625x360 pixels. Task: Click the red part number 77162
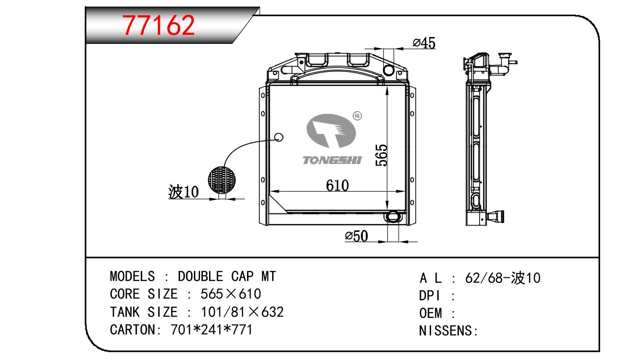[158, 25]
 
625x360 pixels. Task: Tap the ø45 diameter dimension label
[424, 43]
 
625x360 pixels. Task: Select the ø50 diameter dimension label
[357, 236]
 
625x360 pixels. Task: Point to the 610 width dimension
[337, 185]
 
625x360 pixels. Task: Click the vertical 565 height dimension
[382, 155]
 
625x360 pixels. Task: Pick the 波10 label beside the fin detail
[183, 192]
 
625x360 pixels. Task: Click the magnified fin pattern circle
[222, 180]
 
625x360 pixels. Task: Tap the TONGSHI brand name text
[332, 160]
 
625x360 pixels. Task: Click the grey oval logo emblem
[331, 130]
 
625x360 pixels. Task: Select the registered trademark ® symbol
[357, 116]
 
